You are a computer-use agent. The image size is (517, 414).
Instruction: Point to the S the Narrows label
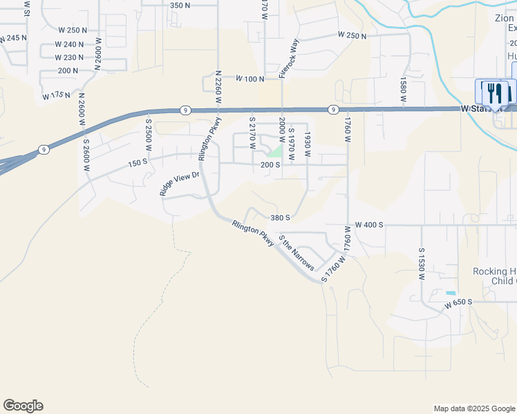[x=297, y=253]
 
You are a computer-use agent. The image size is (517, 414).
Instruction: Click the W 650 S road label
[x=458, y=304]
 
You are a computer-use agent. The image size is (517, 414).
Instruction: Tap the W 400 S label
[x=368, y=226]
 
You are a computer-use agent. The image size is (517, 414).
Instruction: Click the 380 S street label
[x=280, y=217]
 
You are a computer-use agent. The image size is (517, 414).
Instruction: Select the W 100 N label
[x=250, y=79]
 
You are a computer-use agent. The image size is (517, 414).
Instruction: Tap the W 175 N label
[x=56, y=95]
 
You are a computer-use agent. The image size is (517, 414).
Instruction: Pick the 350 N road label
[x=180, y=6]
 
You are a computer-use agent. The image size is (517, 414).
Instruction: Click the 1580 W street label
[x=402, y=88]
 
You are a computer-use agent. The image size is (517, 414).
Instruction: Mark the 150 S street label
[x=138, y=163]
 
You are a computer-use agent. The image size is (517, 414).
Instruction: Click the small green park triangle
[x=276, y=151]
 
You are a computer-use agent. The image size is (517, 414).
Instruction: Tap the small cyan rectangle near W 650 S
[x=451, y=293]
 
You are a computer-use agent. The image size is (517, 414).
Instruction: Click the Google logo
[x=23, y=406]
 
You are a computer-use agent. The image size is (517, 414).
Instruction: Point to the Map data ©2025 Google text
[x=473, y=408]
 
